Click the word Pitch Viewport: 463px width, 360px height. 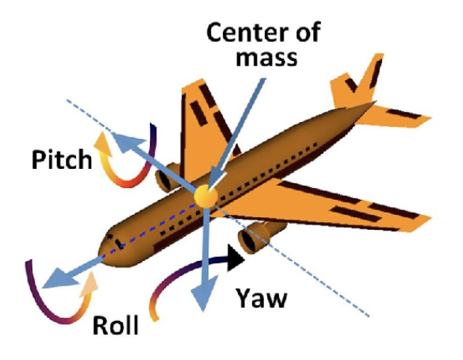[x=62, y=159]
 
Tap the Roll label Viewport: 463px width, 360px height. [x=116, y=325]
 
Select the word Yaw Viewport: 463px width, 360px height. [x=262, y=298]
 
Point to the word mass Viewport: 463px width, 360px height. [x=266, y=58]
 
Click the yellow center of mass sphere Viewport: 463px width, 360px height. [x=206, y=196]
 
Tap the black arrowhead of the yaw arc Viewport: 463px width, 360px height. [x=235, y=258]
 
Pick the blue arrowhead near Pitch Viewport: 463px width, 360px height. [x=128, y=141]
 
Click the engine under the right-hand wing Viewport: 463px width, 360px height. [x=260, y=236]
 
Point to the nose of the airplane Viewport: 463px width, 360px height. [x=103, y=251]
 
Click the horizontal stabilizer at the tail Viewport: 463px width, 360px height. [x=396, y=116]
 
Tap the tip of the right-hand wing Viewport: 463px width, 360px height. [x=430, y=219]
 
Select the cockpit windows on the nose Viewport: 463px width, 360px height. [x=116, y=241]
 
